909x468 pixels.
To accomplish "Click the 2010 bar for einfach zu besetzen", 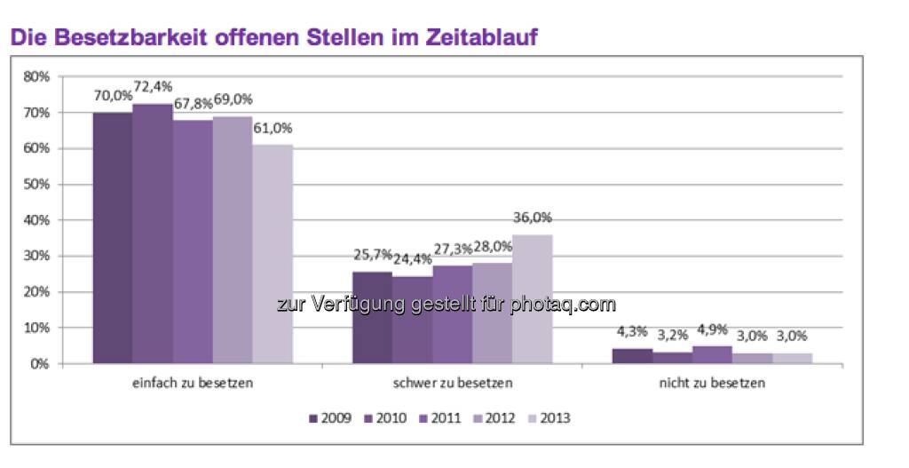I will [x=153, y=234].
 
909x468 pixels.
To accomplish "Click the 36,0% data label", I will [x=533, y=217].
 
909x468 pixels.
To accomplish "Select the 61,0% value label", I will [x=273, y=127].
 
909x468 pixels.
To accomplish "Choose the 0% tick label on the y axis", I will [x=40, y=364].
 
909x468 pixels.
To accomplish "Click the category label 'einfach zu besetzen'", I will [x=192, y=385].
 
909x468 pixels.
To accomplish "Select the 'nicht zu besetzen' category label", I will [x=712, y=385].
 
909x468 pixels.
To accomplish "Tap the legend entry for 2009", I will [x=328, y=417].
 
